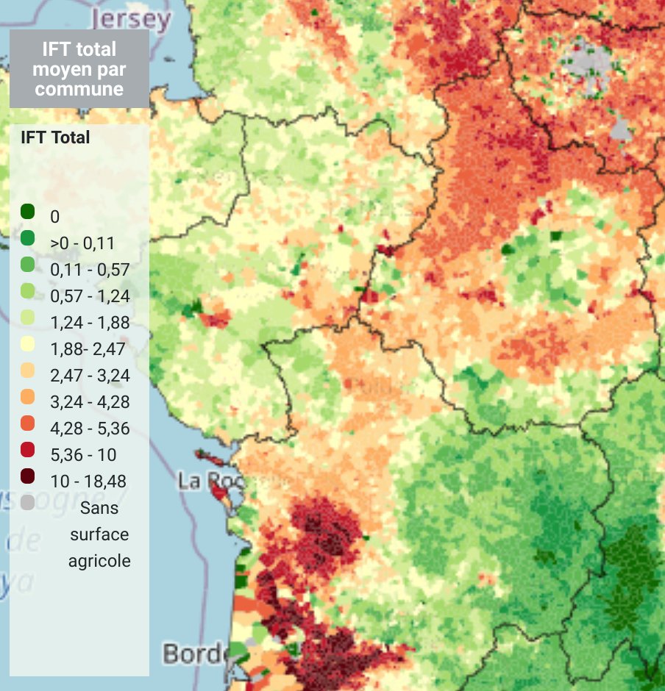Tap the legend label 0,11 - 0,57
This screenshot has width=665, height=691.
click(x=90, y=270)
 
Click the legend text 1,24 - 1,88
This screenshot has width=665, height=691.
click(x=90, y=323)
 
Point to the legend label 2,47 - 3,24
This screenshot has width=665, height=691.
click(x=90, y=376)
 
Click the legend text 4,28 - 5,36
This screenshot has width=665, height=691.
click(x=90, y=429)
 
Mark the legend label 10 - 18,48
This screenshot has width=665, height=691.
click(x=88, y=481)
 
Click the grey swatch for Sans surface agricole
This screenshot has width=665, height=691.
click(x=28, y=504)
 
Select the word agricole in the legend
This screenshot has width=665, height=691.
click(x=99, y=561)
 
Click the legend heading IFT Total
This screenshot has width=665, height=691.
click(x=55, y=137)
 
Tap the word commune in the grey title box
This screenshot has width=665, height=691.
click(x=79, y=89)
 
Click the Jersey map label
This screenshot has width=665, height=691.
click(x=132, y=18)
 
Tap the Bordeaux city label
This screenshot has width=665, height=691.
click(x=193, y=653)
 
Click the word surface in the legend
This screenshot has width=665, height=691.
click(x=99, y=534)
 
